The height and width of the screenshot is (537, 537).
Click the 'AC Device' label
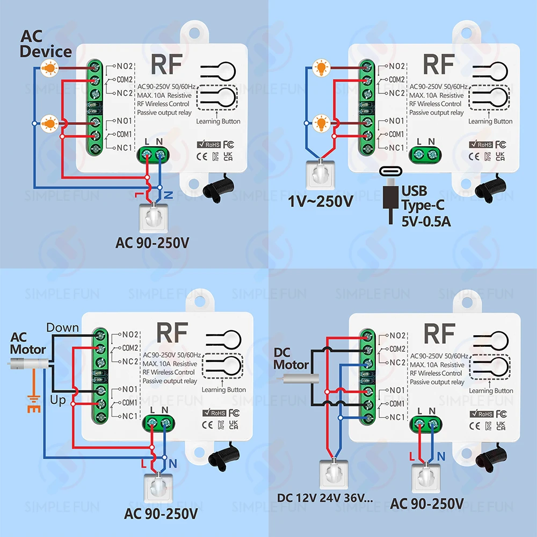(x=46, y=44)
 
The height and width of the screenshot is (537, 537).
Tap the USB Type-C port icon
(x=390, y=171)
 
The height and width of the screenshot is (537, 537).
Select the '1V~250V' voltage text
(x=321, y=201)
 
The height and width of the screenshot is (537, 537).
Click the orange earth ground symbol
(x=34, y=404)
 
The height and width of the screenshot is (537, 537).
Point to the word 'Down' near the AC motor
(x=62, y=328)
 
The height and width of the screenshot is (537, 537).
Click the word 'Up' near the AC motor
(x=58, y=400)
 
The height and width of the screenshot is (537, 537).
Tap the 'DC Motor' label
(x=291, y=359)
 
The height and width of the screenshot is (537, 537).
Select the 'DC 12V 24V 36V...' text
(x=325, y=498)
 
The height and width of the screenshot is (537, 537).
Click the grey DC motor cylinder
(x=297, y=379)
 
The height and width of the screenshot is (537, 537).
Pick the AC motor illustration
(x=28, y=364)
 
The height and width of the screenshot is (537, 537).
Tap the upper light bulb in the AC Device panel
(x=49, y=68)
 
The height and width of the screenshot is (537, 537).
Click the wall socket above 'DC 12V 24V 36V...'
(x=334, y=474)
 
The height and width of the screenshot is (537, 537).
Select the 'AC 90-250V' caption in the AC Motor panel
(x=161, y=514)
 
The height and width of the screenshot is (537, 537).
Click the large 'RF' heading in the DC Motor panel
(x=440, y=333)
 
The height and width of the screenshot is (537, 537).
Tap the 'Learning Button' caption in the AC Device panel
(x=218, y=121)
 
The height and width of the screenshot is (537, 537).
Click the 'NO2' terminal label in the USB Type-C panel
(x=397, y=66)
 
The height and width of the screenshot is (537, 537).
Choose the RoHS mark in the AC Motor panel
(x=214, y=412)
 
